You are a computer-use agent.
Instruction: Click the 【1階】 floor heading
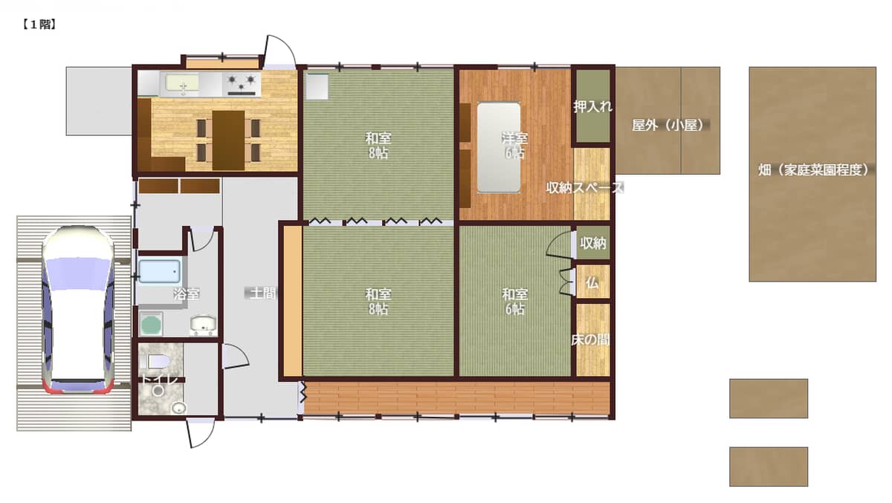pos(39,25)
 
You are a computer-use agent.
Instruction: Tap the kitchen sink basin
pos(182,83)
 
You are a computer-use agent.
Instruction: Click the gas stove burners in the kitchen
pos(242,83)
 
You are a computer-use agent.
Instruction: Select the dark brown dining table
pos(228,140)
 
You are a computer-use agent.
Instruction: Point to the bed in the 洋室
pos(499,148)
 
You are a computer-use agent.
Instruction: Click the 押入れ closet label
pos(592,106)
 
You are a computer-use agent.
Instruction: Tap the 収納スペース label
pos(584,187)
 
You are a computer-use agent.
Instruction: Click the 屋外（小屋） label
pos(670,126)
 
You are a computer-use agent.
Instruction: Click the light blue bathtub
pos(159,272)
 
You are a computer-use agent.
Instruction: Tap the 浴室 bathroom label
pos(187,294)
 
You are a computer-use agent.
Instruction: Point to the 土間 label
pos(262,293)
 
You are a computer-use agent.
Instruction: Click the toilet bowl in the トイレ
pos(158,361)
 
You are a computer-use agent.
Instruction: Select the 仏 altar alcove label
pos(592,283)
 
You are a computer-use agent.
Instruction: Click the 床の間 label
pos(590,340)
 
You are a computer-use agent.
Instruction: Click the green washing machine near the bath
pos(151,325)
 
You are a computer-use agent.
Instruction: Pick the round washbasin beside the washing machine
pos(203,323)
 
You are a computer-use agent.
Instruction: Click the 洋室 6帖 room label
pos(514,145)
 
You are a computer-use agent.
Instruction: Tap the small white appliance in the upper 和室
pos(317,87)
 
